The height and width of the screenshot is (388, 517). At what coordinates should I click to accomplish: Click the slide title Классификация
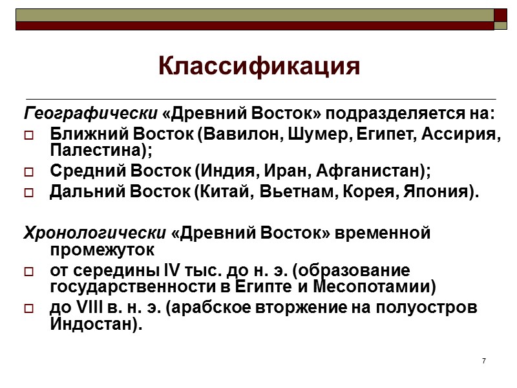(258, 66)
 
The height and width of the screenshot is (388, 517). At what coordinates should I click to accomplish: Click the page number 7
(483, 360)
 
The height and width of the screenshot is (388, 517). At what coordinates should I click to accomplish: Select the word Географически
(91, 114)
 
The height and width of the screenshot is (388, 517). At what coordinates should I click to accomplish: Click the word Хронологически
(96, 232)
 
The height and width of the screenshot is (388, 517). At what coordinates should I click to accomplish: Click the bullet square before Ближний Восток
(30, 137)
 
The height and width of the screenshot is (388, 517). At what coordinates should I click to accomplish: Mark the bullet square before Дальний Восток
(30, 193)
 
